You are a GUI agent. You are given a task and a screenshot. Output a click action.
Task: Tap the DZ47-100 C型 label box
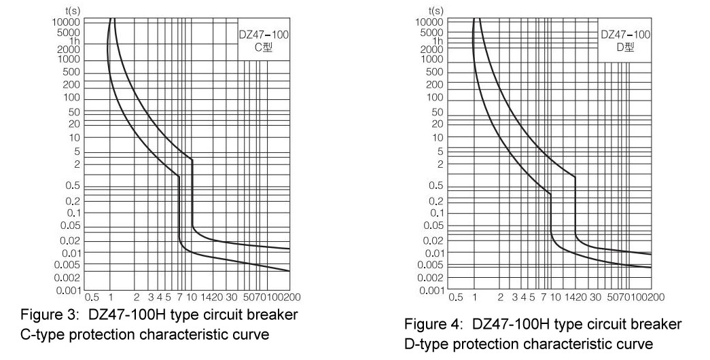tap(263, 41)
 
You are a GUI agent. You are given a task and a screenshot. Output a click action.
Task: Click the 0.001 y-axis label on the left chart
tap(69, 291)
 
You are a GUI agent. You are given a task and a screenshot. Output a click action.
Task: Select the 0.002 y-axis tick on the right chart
tap(432, 278)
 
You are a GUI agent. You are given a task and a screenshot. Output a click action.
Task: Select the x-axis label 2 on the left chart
tap(137, 297)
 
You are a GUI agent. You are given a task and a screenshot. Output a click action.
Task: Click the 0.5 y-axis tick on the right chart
tap(437, 186)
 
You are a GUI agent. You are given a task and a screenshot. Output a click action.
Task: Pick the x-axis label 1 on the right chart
tap(474, 297)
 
